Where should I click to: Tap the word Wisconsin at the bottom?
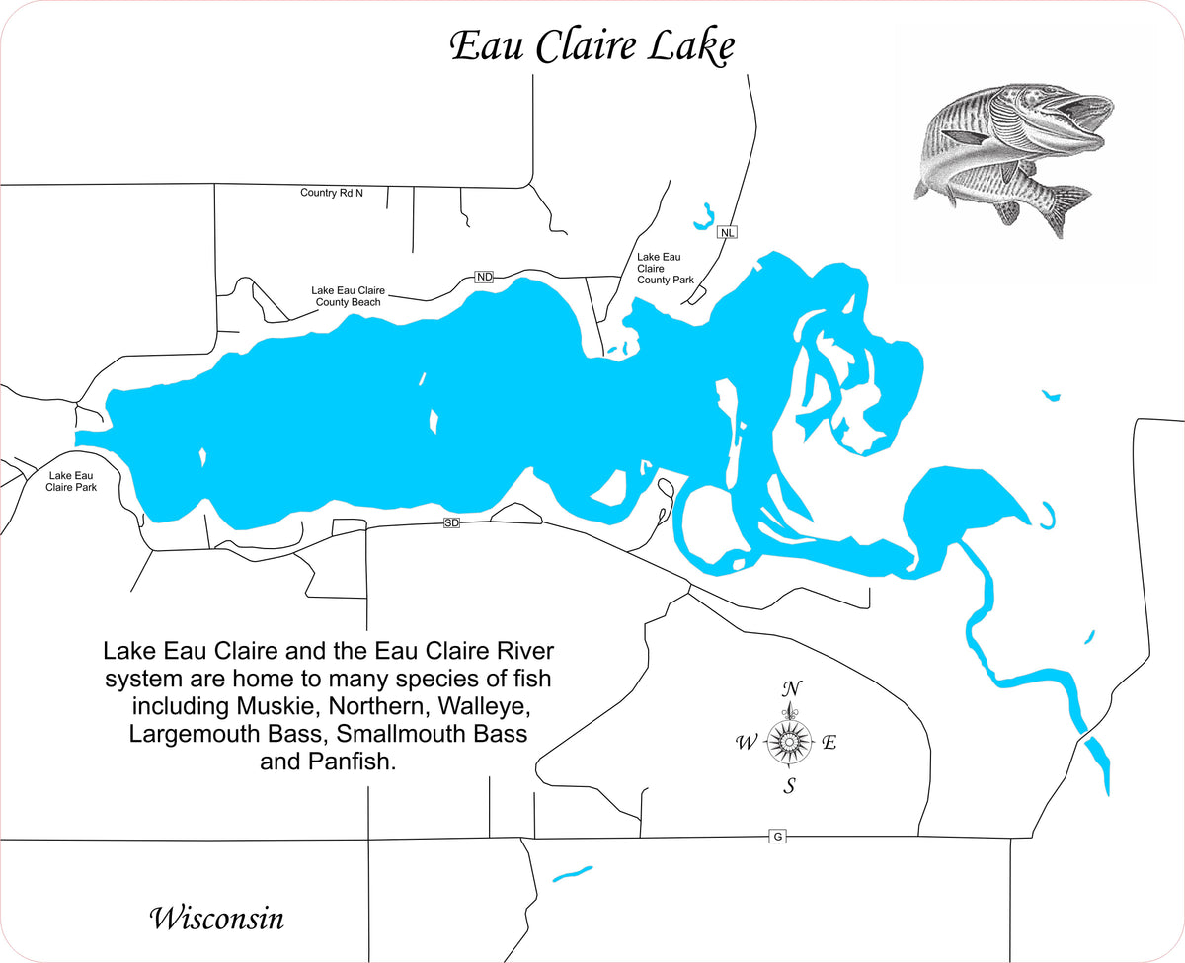(x=216, y=918)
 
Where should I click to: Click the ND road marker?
(x=484, y=277)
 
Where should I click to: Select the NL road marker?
(x=728, y=233)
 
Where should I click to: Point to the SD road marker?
(x=451, y=522)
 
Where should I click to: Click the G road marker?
(x=778, y=837)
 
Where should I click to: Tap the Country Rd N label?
(x=332, y=193)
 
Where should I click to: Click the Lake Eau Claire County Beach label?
(x=348, y=296)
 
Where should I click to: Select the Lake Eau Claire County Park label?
(x=666, y=268)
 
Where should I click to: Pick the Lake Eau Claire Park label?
(x=71, y=481)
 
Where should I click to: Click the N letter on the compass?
(x=790, y=688)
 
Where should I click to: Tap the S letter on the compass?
(x=790, y=786)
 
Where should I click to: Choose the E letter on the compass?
(x=829, y=743)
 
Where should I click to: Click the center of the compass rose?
(x=789, y=740)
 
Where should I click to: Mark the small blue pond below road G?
(x=572, y=873)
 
